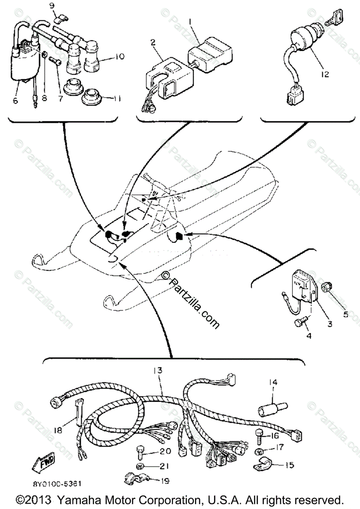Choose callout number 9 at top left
(52, 6)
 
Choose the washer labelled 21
(141, 466)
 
